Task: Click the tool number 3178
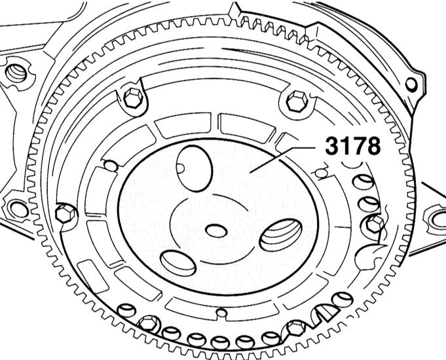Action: pyautogui.click(x=353, y=146)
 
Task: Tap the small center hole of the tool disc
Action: pyautogui.click(x=216, y=230)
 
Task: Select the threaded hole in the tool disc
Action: pyautogui.click(x=281, y=235)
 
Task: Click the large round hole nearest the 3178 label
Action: pyautogui.click(x=195, y=168)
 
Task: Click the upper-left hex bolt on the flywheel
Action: pyautogui.click(x=133, y=98)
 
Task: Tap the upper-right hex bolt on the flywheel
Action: pyautogui.click(x=297, y=101)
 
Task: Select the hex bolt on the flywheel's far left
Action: pyautogui.click(x=65, y=213)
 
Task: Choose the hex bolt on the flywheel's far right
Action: pyautogui.click(x=374, y=223)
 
